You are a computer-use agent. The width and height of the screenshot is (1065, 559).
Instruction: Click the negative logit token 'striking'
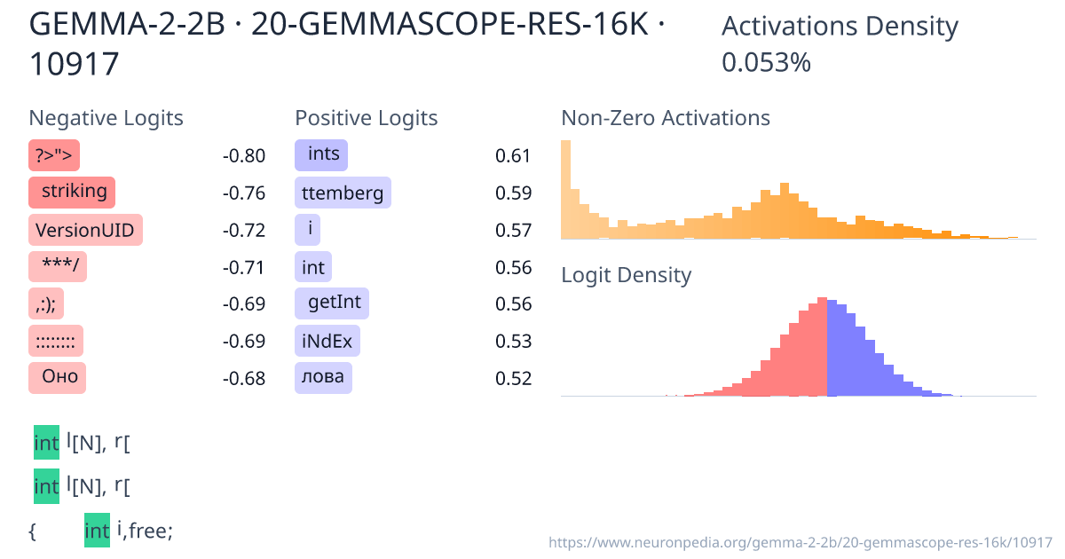72,192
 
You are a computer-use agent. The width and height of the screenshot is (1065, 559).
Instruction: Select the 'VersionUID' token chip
85,231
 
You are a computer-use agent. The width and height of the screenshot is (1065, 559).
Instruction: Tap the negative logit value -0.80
243,156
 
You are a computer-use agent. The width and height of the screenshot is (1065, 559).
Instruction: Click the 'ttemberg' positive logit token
343,193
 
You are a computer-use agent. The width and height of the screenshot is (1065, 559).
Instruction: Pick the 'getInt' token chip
333,303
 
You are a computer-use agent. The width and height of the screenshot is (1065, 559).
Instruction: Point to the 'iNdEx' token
327,341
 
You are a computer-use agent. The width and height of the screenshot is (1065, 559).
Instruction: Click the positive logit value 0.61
512,156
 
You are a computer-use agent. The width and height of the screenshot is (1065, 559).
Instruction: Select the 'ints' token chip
321,155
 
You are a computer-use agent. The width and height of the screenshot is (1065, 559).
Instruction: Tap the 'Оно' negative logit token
58,377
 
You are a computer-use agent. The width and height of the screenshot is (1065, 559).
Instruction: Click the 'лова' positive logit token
323,378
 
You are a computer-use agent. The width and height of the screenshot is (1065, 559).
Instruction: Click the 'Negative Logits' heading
106,118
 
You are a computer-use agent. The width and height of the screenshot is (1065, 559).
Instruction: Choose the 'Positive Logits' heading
366,118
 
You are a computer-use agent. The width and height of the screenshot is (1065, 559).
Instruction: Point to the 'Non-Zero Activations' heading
666,118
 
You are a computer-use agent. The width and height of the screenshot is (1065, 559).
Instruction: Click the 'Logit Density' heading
626,275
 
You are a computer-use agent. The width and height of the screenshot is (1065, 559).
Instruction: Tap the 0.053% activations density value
766,63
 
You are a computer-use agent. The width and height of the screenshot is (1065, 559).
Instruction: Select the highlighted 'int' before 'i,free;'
97,531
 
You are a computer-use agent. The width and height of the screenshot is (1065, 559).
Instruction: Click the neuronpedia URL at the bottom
800,541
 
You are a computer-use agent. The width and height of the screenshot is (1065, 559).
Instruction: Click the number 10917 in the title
75,64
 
